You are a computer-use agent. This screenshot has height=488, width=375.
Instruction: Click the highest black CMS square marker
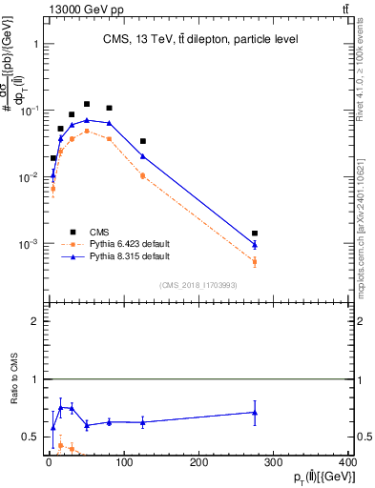click(87, 104)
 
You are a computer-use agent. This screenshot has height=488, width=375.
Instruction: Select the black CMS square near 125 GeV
click(142, 141)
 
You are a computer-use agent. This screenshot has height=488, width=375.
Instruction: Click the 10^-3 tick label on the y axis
click(29, 244)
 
